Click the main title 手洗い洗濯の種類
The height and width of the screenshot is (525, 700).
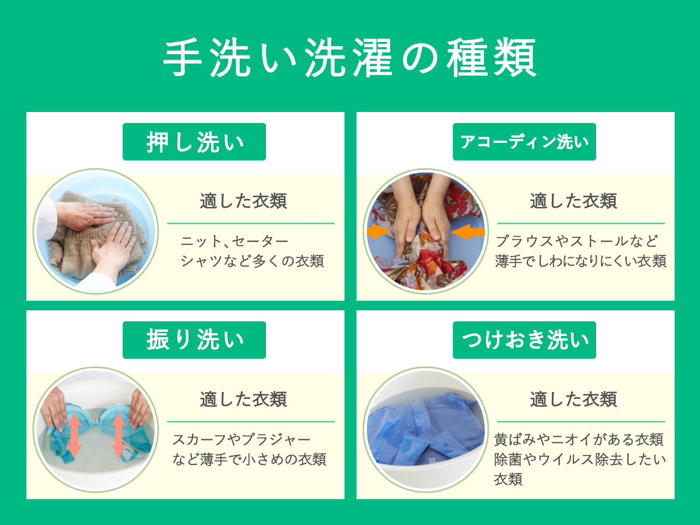click(349, 57)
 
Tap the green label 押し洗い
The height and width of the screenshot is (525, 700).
click(194, 142)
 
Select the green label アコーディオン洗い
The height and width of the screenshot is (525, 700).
click(524, 142)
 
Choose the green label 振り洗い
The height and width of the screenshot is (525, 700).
click(194, 340)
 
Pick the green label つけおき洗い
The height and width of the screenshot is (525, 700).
click(524, 340)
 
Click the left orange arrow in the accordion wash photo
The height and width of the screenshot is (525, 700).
click(379, 232)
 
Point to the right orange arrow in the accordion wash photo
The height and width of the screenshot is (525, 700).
click(468, 232)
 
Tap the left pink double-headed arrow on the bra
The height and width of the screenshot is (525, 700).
click(75, 435)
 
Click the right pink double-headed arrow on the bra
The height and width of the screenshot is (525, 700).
click(119, 435)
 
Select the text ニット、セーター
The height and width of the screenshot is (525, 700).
click(235, 242)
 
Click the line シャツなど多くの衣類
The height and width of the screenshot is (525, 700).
click(252, 261)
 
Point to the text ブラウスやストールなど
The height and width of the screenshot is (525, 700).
click(576, 242)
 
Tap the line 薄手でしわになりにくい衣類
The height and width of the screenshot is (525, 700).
click(581, 261)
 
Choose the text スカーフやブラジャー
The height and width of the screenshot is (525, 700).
click(242, 440)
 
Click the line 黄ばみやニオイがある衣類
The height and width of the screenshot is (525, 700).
click(579, 440)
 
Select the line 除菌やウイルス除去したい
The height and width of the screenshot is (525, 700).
click(580, 459)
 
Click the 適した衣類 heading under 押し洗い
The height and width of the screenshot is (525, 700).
click(244, 201)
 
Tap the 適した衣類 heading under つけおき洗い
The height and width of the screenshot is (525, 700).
click(574, 400)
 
